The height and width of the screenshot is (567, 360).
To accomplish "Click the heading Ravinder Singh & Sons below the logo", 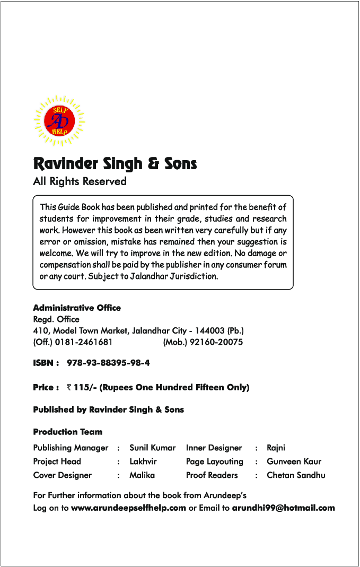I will (x=115, y=163).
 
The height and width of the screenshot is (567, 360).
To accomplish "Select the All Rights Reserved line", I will (x=80, y=181).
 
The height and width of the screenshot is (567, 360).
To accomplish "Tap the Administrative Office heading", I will (x=77, y=308).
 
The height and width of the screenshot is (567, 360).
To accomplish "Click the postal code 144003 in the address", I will (x=211, y=331).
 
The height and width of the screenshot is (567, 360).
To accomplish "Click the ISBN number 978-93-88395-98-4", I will (x=108, y=363).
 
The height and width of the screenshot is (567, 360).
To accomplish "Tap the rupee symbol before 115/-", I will (x=69, y=388).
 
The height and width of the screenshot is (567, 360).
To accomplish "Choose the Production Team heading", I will (x=67, y=432).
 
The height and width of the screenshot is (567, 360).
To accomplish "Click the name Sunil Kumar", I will (x=152, y=448).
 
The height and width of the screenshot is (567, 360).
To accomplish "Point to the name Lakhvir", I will (x=143, y=461).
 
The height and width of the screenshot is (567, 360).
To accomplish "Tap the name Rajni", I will (x=276, y=448).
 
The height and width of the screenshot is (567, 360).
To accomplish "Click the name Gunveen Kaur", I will (x=294, y=461).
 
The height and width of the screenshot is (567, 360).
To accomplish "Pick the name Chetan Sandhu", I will (x=296, y=475).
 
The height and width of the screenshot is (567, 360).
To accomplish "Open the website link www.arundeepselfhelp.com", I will (x=128, y=508).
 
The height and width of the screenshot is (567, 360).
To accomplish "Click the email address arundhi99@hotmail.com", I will (x=284, y=508).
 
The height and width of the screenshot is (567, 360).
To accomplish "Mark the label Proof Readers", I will (x=212, y=475).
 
